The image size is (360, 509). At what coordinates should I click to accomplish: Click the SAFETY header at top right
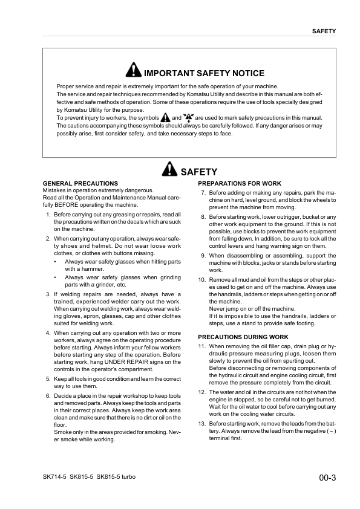coord(324,30)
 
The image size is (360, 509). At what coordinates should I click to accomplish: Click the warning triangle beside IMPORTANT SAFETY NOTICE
coord(133,71)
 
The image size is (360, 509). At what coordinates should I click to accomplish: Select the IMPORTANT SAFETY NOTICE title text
coord(204,73)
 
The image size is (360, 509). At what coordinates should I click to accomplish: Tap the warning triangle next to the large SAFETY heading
coord(171,170)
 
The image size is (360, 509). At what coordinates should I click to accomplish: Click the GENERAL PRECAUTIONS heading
coord(80,183)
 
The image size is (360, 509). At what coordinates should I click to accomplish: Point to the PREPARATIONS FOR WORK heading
coord(240,183)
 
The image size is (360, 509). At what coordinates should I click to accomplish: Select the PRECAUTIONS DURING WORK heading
coord(243,337)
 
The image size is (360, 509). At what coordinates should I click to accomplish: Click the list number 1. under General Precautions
coord(48,215)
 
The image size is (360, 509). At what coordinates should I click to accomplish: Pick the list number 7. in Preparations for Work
coord(203,193)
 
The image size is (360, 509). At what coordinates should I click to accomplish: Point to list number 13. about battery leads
coord(201,424)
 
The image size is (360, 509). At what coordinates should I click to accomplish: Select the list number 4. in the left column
coord(48,333)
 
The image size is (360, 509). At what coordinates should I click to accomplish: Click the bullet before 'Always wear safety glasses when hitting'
coord(55,262)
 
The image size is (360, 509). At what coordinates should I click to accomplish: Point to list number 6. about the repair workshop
coord(48,396)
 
